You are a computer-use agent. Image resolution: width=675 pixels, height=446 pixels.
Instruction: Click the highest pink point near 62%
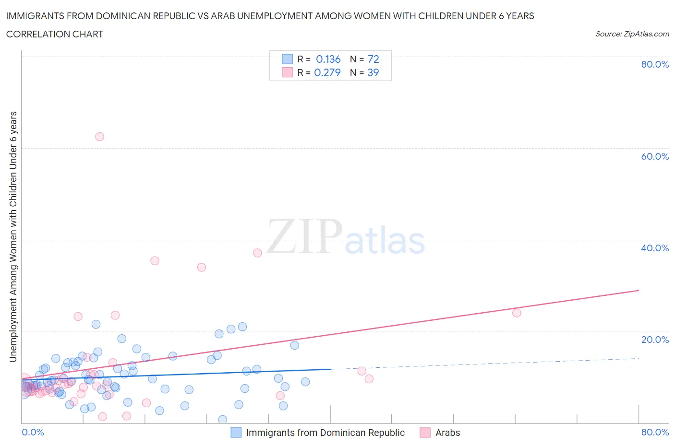click(x=99, y=137)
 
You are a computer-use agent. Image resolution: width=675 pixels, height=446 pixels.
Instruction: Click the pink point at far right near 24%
click(x=517, y=313)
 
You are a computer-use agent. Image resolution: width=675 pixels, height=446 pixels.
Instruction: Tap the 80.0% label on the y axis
click(x=655, y=64)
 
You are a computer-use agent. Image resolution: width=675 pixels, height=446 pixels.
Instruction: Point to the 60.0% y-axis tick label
click(x=655, y=156)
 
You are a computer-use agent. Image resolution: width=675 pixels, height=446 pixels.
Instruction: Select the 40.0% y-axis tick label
click(x=655, y=248)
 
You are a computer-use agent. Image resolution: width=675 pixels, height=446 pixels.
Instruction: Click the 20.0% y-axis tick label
click(x=655, y=340)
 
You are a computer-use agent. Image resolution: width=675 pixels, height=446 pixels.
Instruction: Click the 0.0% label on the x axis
click(x=33, y=432)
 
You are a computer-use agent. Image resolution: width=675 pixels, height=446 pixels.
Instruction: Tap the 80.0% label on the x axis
click(x=655, y=432)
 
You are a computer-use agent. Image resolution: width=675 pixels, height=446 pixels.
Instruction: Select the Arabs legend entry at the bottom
click(x=447, y=433)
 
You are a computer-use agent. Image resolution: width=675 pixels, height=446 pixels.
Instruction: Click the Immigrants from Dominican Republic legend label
click(x=325, y=433)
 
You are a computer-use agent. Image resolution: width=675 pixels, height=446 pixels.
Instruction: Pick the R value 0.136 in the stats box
click(x=328, y=59)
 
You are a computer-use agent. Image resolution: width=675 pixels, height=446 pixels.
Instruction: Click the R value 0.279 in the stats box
click(x=327, y=72)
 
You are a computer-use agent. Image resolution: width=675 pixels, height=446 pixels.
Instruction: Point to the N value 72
click(x=373, y=59)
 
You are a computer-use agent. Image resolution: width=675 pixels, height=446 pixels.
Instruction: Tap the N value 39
click(x=373, y=72)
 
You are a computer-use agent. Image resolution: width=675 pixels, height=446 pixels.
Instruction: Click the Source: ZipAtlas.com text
click(x=632, y=34)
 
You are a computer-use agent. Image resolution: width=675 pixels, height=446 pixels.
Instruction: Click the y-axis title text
click(x=13, y=236)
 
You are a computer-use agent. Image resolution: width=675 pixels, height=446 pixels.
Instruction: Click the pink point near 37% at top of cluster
click(x=257, y=253)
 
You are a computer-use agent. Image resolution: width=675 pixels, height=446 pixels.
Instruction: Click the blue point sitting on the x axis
click(x=223, y=420)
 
